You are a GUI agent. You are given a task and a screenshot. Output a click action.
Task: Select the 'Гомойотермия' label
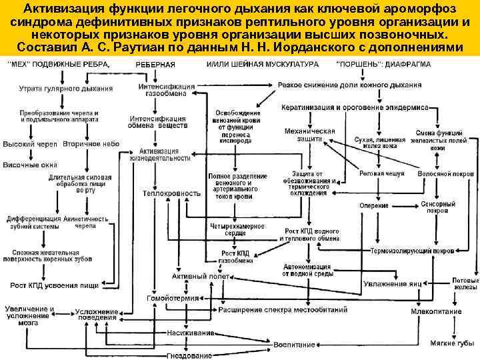coord(165,299)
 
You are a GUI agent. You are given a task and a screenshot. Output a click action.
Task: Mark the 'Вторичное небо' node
coord(91,144)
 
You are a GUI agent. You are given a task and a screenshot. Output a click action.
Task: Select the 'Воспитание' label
coord(293,345)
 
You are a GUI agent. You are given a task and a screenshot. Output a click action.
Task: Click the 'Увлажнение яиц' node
coord(393,283)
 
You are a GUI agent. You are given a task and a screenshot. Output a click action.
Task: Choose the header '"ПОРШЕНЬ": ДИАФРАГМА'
coord(383,64)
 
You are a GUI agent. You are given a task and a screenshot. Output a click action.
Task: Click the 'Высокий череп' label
coord(31,144)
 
